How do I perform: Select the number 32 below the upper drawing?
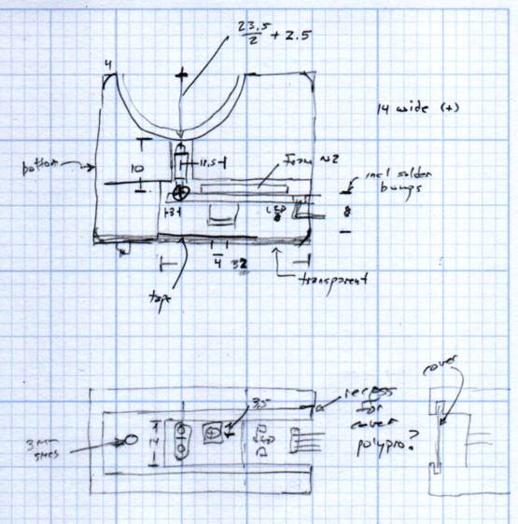(239, 264)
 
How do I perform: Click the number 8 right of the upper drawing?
(347, 213)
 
